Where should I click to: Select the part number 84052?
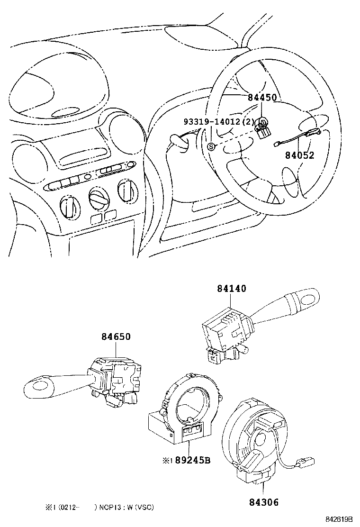(299, 155)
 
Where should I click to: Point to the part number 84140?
(232, 289)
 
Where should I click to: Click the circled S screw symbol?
(212, 146)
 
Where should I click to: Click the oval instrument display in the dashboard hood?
(66, 113)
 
